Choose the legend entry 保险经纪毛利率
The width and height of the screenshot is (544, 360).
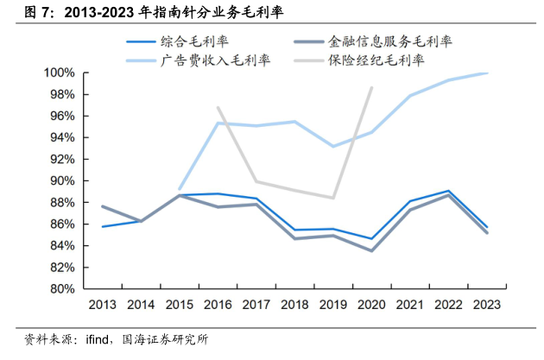pyautogui.click(x=376, y=60)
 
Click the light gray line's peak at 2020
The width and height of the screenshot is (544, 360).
pyautogui.click(x=371, y=87)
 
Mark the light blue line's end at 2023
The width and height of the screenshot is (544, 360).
pyautogui.click(x=487, y=73)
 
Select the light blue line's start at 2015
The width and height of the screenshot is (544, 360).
pyautogui.click(x=180, y=188)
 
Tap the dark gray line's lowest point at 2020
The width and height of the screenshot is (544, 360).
pyautogui.click(x=371, y=250)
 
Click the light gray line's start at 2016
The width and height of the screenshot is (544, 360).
pyautogui.click(x=218, y=108)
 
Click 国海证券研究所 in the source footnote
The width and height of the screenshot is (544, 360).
pyautogui.click(x=166, y=340)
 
